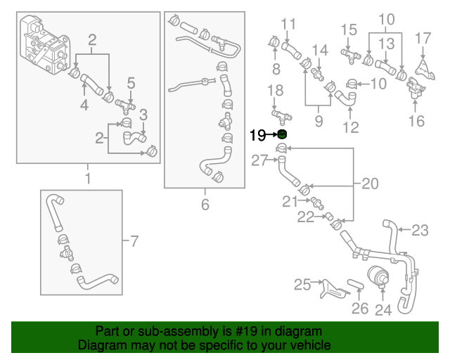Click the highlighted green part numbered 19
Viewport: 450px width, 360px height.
[282, 134]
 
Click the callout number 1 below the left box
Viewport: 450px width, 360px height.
[88, 179]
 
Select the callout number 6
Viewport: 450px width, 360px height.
[205, 205]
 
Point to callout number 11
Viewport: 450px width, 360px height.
[289, 25]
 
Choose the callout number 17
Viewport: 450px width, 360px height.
[423, 37]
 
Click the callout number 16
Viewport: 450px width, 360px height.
[417, 120]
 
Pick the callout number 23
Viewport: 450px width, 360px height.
[420, 229]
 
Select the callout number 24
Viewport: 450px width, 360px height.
[382, 309]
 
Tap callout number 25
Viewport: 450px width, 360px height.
[302, 284]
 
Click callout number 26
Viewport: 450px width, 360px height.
[359, 307]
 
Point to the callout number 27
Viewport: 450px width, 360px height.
[260, 160]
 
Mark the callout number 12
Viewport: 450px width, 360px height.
[350, 127]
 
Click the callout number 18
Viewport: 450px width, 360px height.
[276, 90]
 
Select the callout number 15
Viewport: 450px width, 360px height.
[349, 30]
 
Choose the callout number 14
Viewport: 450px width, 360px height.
[320, 50]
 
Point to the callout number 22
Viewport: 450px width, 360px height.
[305, 218]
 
